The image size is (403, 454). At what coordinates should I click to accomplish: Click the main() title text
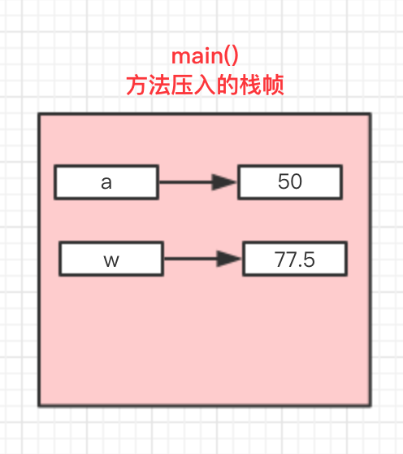204,57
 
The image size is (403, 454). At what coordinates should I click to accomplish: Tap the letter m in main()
181,58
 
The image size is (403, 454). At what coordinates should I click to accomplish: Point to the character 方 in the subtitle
136,85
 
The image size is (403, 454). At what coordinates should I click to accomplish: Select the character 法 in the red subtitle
158,85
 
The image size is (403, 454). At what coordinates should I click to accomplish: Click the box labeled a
106,182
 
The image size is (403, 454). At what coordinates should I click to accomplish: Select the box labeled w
111,261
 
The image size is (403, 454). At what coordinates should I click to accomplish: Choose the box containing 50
289,182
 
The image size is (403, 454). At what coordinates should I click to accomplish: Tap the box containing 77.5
295,260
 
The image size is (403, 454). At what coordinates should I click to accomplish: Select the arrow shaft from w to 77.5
190,260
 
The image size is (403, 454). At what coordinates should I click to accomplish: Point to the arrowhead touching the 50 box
225,182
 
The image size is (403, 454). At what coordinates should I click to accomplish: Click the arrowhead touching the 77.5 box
231,260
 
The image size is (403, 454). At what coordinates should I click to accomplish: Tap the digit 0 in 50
296,182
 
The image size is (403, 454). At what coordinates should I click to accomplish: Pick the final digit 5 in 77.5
308,260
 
